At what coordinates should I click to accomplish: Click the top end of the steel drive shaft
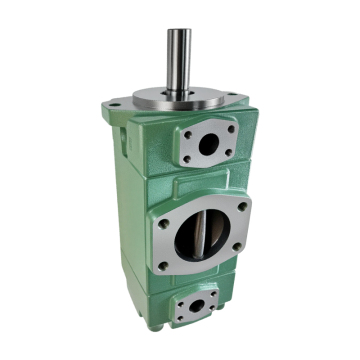click(179, 32)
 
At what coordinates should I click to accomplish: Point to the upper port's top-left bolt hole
click(186, 133)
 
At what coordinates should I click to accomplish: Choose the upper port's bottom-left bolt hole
click(186, 159)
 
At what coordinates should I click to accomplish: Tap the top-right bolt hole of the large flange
click(240, 206)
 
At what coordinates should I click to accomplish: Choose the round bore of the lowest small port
click(196, 305)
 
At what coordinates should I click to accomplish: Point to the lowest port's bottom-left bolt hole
click(180, 315)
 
